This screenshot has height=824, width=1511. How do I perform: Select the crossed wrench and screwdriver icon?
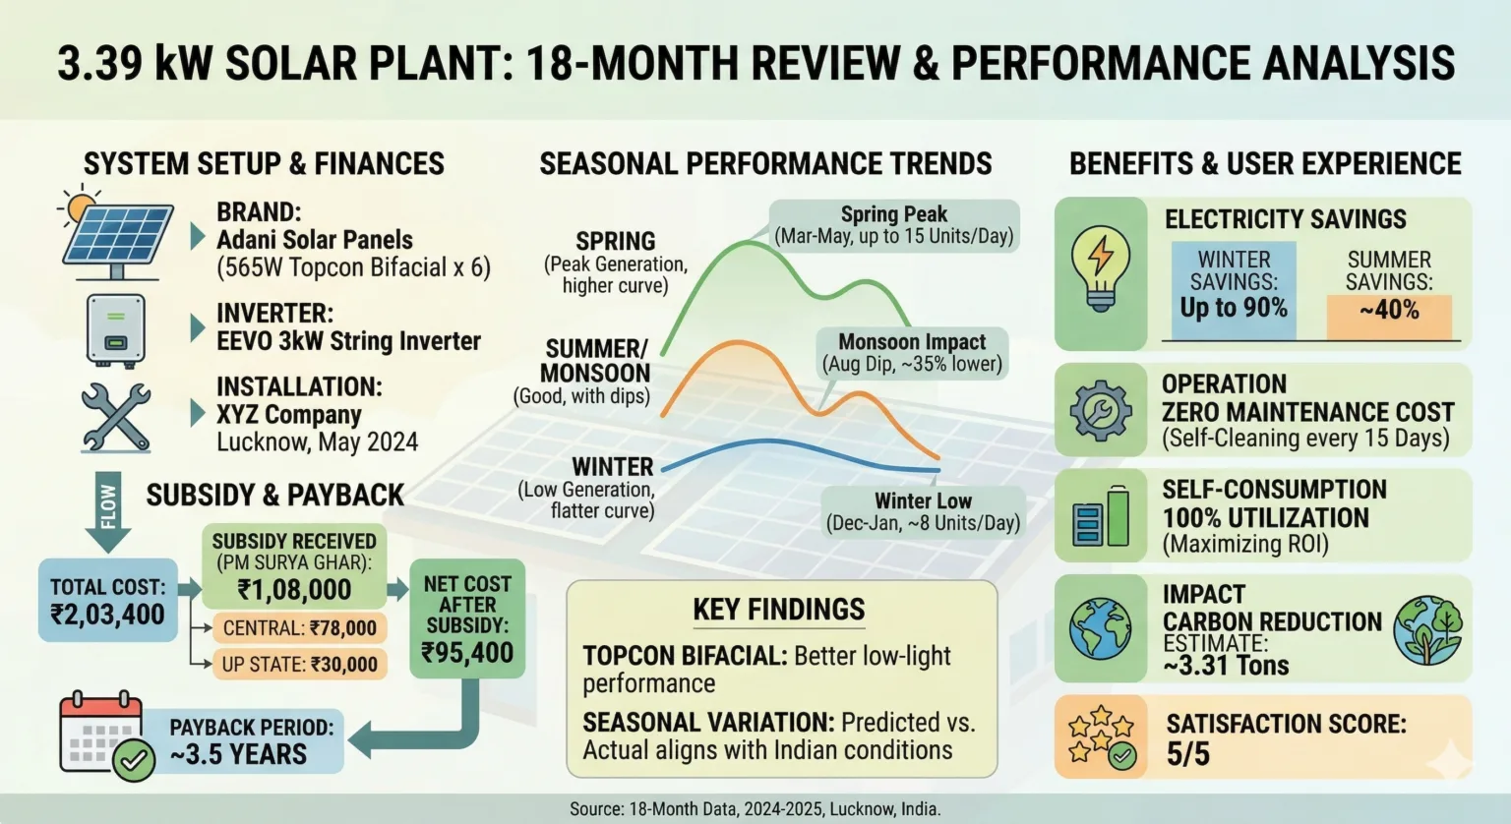click(116, 417)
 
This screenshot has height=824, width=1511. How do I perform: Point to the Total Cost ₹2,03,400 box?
click(108, 601)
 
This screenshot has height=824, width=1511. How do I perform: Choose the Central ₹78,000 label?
click(299, 628)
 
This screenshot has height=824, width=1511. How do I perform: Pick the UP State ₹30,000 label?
click(299, 664)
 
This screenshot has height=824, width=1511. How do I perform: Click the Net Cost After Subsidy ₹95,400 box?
click(467, 618)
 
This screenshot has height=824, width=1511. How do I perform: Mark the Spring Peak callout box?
click(893, 225)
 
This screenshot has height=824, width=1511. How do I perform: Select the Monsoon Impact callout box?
click(912, 353)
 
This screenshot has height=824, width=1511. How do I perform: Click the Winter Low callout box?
click(922, 511)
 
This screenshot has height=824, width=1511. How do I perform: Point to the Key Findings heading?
click(778, 610)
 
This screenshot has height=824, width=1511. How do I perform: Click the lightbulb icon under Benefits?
click(1100, 269)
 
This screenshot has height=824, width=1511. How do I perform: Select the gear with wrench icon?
click(1100, 410)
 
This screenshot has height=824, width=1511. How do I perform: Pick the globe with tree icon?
click(1427, 629)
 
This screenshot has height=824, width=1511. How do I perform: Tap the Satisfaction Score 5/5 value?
click(1188, 755)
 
